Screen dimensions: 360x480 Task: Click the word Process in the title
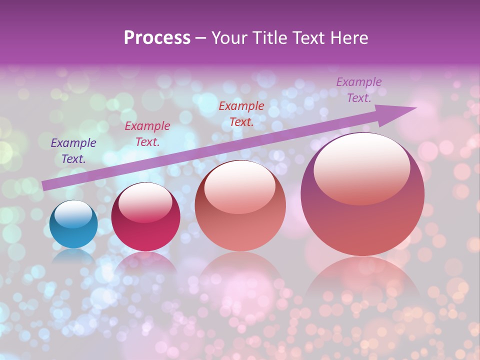[x=157, y=38]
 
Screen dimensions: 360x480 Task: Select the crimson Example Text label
[x=147, y=134]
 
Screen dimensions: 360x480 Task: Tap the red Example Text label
[x=241, y=114]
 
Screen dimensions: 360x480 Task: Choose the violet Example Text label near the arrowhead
[x=358, y=90]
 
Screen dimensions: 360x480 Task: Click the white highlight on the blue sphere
[x=73, y=214]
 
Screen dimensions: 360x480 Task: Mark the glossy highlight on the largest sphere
[x=361, y=169]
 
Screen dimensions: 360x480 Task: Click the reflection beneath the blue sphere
[x=73, y=256]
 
